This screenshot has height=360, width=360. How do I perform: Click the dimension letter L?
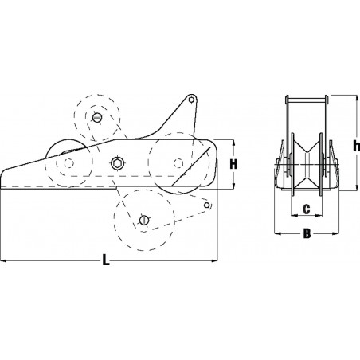pos(107,260)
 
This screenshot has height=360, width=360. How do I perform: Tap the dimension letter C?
pos(306,210)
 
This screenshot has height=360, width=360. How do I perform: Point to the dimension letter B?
pos(306,234)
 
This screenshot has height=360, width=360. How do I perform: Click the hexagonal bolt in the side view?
pos(118,163)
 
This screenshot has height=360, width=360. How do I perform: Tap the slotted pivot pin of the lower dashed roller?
pos(143,219)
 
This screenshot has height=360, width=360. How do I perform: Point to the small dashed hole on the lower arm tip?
pos(206,206)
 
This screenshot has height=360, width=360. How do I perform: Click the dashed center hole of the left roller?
pos(68,164)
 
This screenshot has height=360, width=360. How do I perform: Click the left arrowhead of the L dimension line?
pos(3,259)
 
